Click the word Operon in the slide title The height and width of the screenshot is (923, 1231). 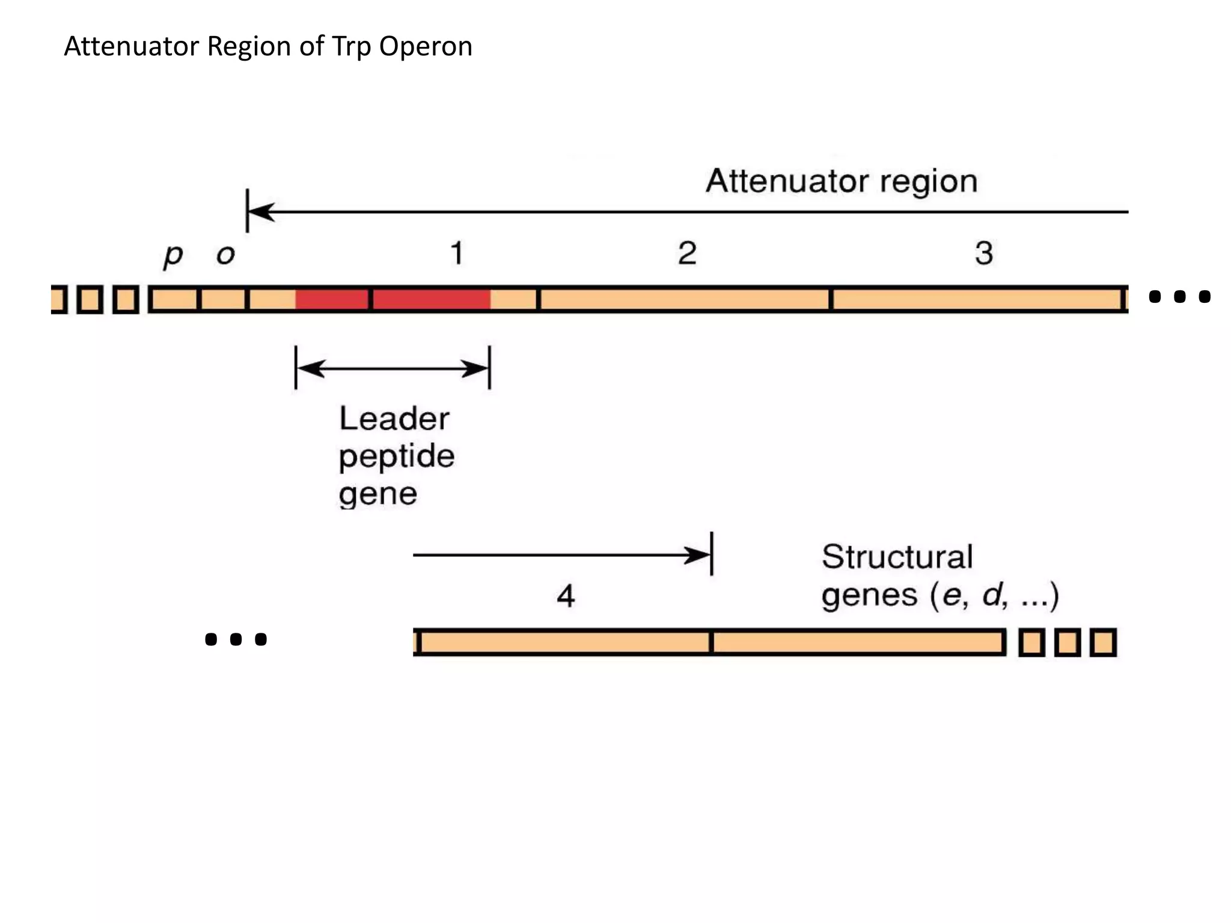click(x=426, y=47)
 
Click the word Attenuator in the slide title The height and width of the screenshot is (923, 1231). click(x=131, y=47)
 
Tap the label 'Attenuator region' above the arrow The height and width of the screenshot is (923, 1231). click(x=842, y=181)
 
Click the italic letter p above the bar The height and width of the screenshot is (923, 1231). click(x=173, y=255)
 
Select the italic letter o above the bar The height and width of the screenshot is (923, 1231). click(x=225, y=255)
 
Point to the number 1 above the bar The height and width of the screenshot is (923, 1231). click(x=457, y=253)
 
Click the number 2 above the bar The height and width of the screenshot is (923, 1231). click(x=687, y=253)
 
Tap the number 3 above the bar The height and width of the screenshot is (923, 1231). click(x=984, y=253)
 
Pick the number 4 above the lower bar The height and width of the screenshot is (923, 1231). click(x=566, y=596)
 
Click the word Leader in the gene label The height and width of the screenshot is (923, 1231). click(x=394, y=418)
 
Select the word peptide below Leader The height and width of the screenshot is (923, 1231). click(x=397, y=456)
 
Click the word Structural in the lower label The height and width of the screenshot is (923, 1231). click(x=897, y=556)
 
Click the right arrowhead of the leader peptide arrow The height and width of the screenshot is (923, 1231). click(x=477, y=368)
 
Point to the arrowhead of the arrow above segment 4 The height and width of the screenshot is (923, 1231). click(x=698, y=555)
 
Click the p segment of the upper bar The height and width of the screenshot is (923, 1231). click(x=174, y=299)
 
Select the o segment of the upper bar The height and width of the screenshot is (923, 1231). click(x=223, y=299)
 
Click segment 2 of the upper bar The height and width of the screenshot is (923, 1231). click(x=685, y=299)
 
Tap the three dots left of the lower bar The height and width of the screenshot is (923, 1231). click(x=236, y=639)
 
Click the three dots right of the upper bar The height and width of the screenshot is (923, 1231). click(x=1179, y=296)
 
